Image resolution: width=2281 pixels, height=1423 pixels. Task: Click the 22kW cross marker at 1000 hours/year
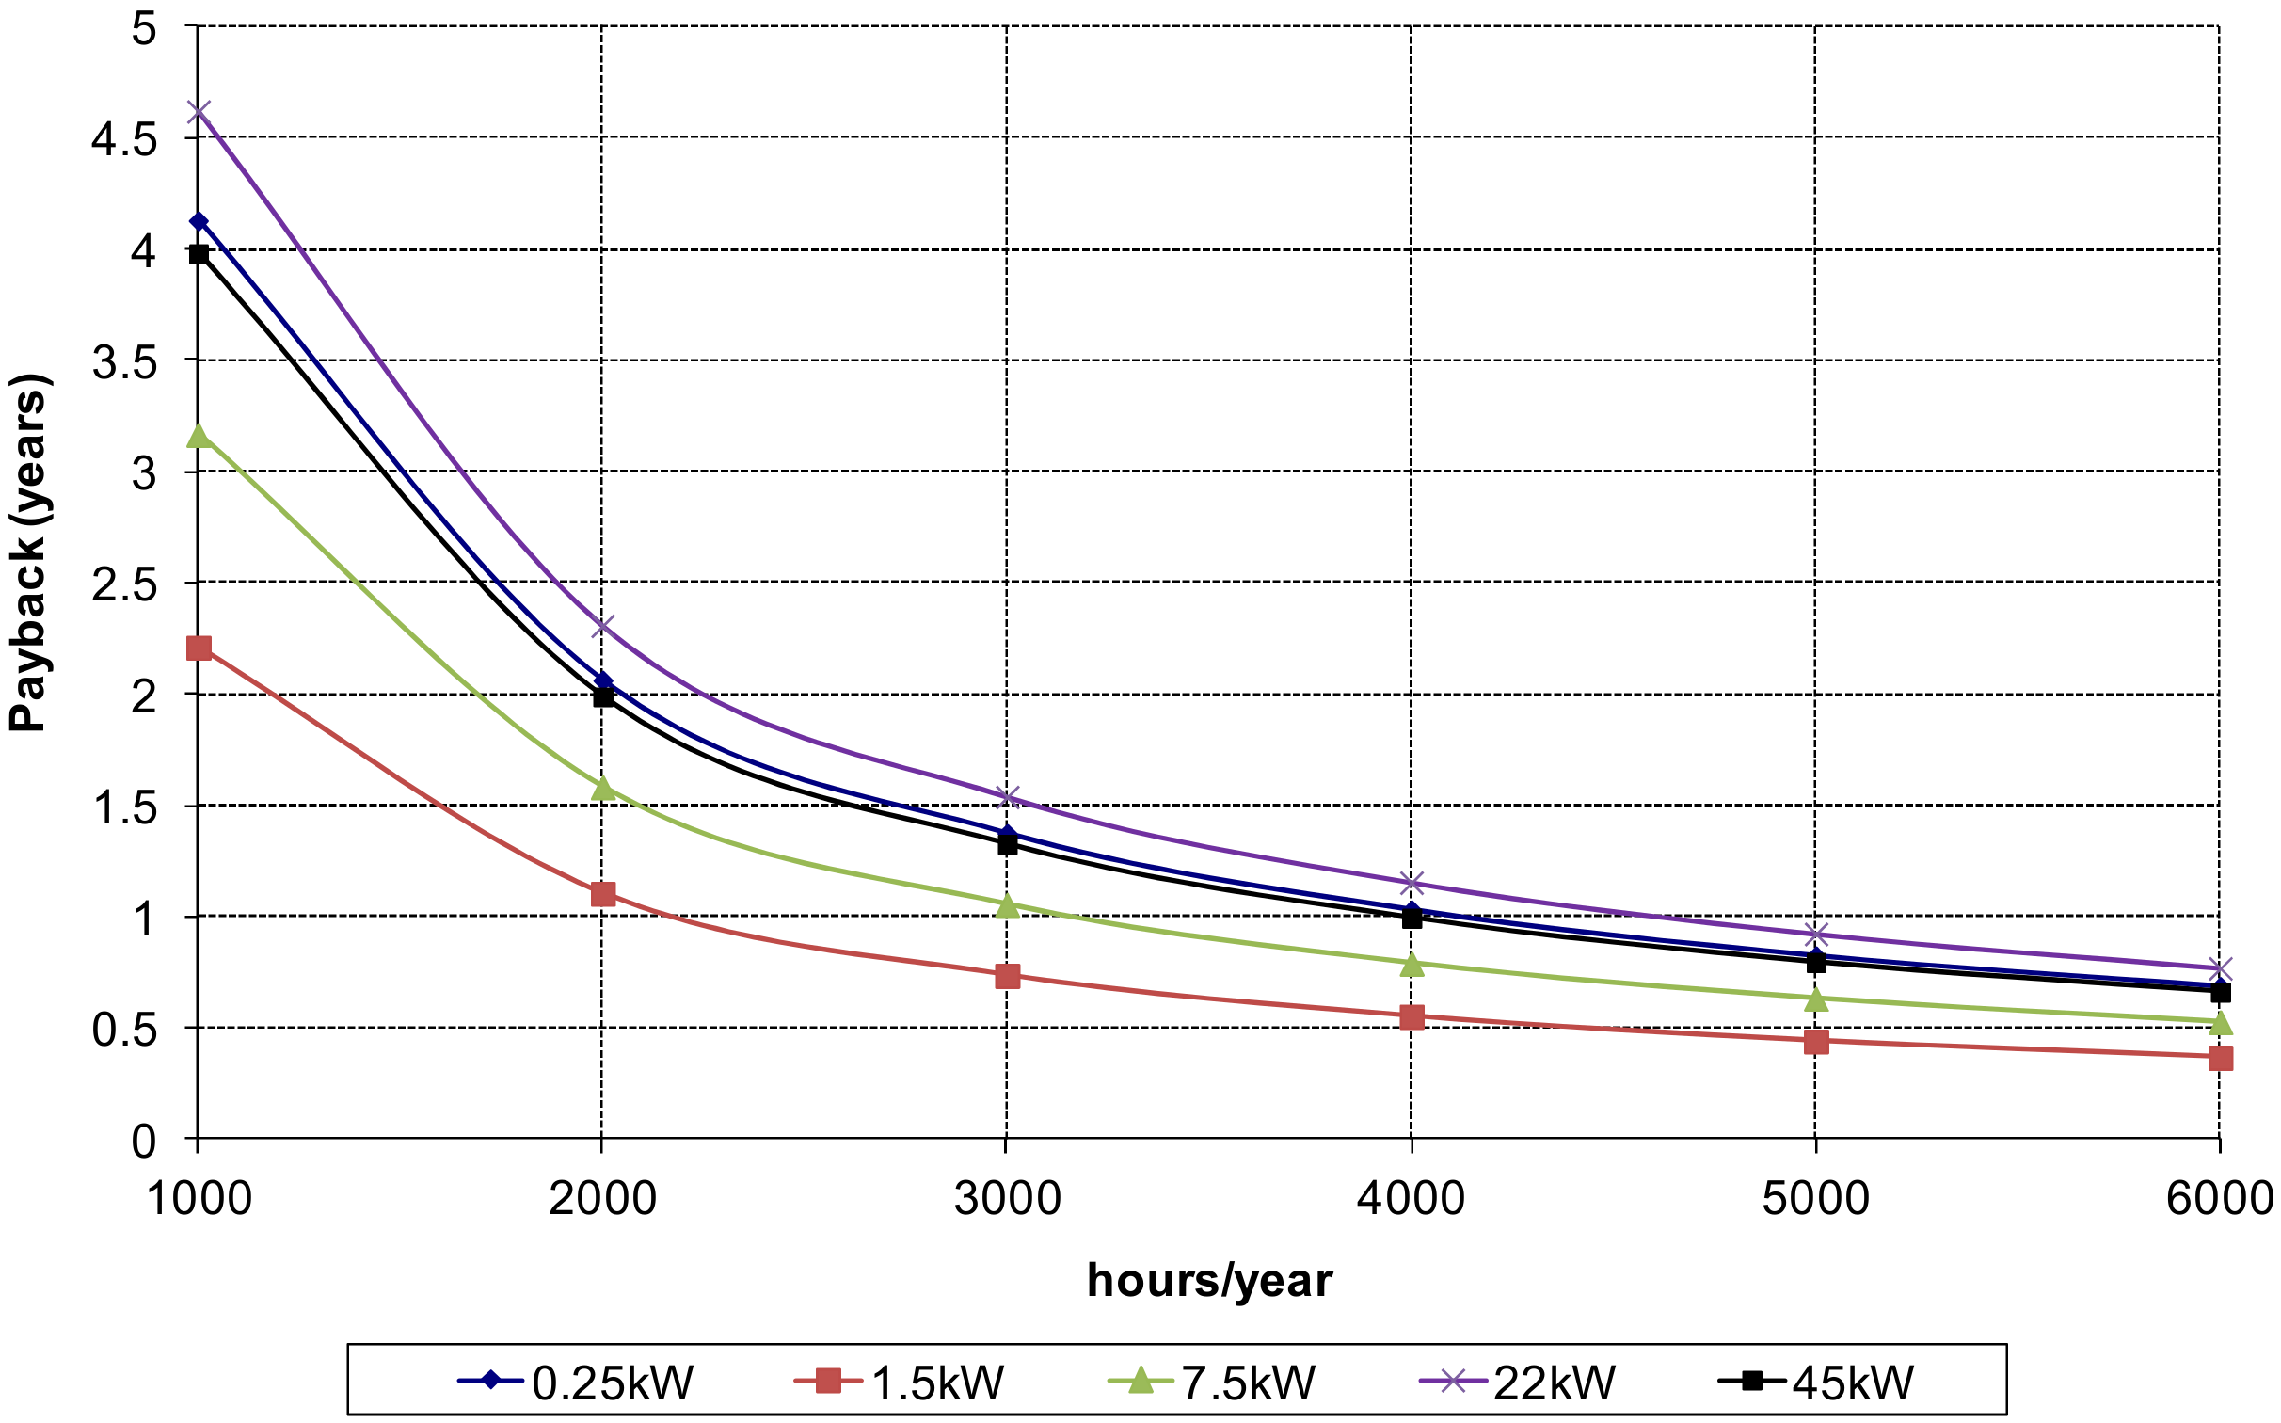click(x=198, y=112)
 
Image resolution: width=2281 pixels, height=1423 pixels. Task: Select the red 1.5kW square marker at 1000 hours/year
click(x=199, y=648)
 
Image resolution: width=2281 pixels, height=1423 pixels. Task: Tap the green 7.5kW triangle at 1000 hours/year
click(x=198, y=436)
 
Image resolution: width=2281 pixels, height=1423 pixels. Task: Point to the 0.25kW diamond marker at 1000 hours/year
click(x=198, y=221)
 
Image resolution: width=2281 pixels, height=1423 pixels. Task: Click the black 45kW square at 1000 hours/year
click(x=199, y=254)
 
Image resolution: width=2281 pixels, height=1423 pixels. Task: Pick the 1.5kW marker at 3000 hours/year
click(x=1007, y=976)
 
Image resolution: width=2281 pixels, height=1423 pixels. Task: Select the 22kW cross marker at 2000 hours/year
click(x=602, y=626)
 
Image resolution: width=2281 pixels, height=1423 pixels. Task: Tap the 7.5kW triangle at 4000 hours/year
click(x=1412, y=964)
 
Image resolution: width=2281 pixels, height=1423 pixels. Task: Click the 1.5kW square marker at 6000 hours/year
click(x=2220, y=1059)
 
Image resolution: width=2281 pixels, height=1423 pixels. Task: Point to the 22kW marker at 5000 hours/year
click(x=1816, y=935)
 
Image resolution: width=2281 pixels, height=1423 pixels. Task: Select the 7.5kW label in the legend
click(x=1247, y=1383)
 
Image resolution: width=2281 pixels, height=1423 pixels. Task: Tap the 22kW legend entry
click(x=1553, y=1383)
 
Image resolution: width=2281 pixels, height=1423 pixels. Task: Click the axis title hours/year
click(x=1209, y=1281)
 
